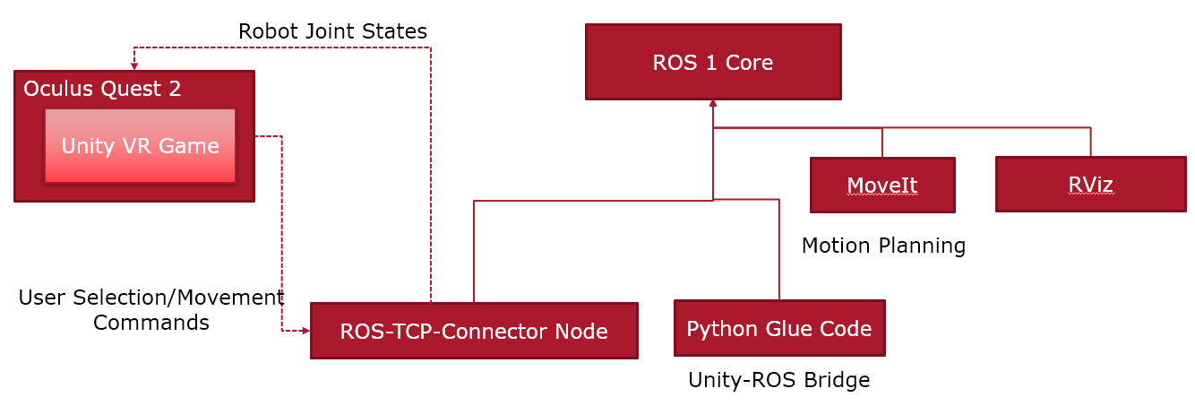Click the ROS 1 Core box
coord(713,62)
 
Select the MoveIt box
coord(882,186)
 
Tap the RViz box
coord(1090,185)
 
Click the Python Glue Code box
coord(779,328)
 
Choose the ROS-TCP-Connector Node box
coord(474,331)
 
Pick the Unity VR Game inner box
coord(140,146)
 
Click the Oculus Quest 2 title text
coord(102,89)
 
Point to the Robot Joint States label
coord(332,31)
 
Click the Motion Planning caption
coord(883,246)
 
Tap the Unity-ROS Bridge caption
coord(778,380)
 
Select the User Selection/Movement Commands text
coord(151,309)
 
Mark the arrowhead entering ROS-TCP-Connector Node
coord(305,331)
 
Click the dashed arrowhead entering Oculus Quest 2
coord(134,66)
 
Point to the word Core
coord(750,63)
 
